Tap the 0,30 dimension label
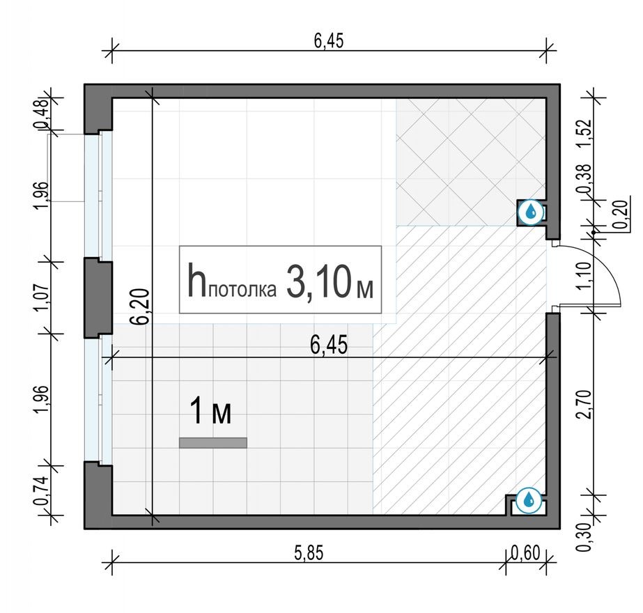[585, 535]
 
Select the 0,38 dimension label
[585, 183]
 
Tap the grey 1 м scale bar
[213, 442]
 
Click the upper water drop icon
[531, 212]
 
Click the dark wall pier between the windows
[98, 297]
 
